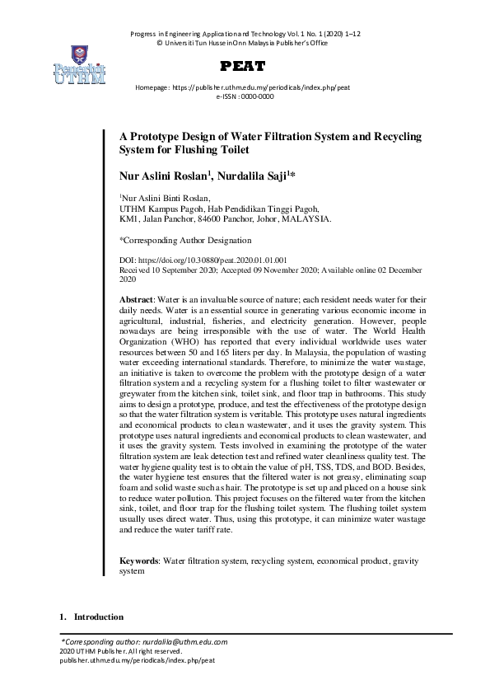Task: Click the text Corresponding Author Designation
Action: (188, 241)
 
